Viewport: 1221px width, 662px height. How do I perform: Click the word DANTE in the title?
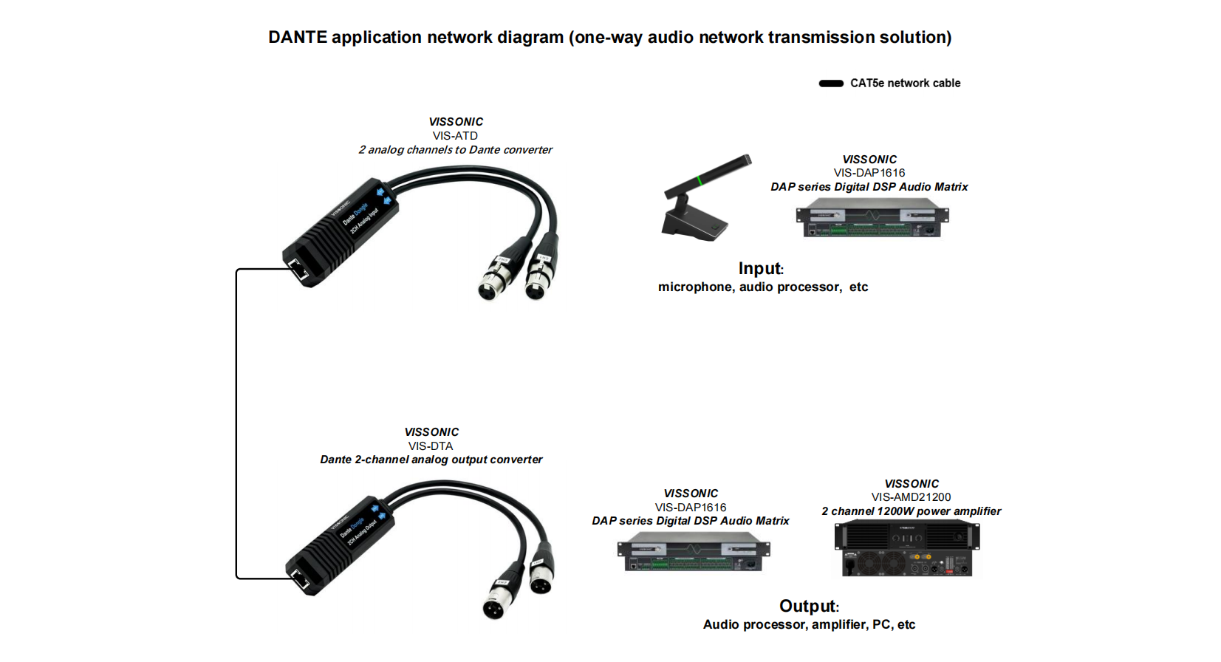[298, 38]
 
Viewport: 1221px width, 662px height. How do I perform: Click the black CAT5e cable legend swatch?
[831, 83]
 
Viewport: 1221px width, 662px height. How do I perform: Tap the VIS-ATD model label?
[455, 136]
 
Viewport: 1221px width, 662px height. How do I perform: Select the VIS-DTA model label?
[431, 446]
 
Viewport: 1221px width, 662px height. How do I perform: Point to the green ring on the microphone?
[699, 180]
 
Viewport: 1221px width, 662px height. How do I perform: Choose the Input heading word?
[759, 269]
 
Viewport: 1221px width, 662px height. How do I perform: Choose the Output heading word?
[807, 607]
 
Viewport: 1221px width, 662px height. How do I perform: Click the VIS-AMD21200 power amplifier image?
[907, 549]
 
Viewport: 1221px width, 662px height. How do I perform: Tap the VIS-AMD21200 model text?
[911, 497]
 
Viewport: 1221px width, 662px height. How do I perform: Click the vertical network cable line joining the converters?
[236, 421]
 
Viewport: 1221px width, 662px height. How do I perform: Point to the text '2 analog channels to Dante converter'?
[455, 150]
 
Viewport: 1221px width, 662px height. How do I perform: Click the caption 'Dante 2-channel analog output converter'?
[431, 460]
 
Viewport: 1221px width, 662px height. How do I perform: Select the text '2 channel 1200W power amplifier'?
[911, 511]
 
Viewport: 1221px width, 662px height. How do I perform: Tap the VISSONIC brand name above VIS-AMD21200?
[912, 484]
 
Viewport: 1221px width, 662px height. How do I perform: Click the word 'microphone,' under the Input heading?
[696, 287]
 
